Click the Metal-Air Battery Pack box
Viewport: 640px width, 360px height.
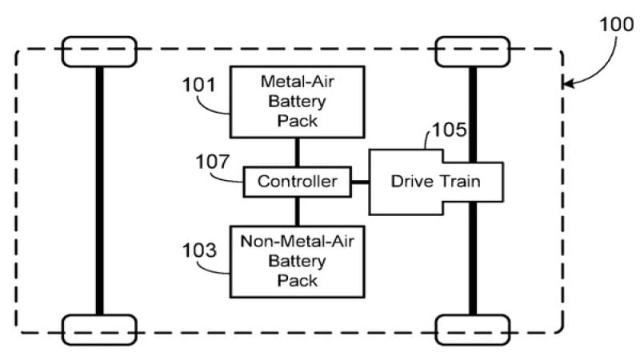(x=298, y=102)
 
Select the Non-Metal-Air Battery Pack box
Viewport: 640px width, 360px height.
(x=298, y=261)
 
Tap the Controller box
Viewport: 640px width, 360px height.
(x=298, y=182)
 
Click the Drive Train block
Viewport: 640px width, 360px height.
(x=435, y=182)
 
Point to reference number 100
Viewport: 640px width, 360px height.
(x=617, y=23)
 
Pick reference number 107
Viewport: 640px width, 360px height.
(x=214, y=162)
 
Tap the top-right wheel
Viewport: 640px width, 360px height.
(x=472, y=51)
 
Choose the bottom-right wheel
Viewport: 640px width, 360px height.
(x=472, y=329)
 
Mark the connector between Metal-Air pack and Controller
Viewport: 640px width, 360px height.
(x=298, y=153)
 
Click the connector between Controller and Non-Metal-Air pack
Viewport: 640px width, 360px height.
(x=298, y=210)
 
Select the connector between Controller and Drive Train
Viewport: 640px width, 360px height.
(x=360, y=182)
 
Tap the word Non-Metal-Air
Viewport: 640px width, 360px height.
(x=298, y=242)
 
